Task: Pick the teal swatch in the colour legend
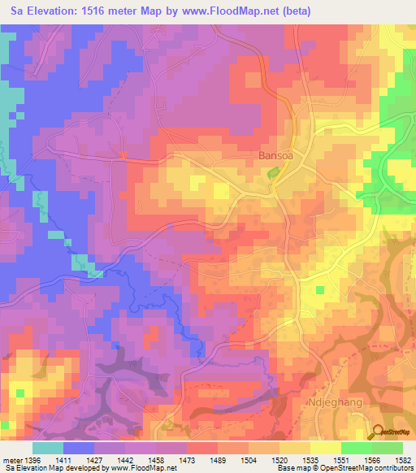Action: [48, 448]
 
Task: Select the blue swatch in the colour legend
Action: [79, 448]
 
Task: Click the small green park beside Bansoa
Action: [274, 172]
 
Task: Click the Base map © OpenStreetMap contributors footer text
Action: [345, 469]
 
